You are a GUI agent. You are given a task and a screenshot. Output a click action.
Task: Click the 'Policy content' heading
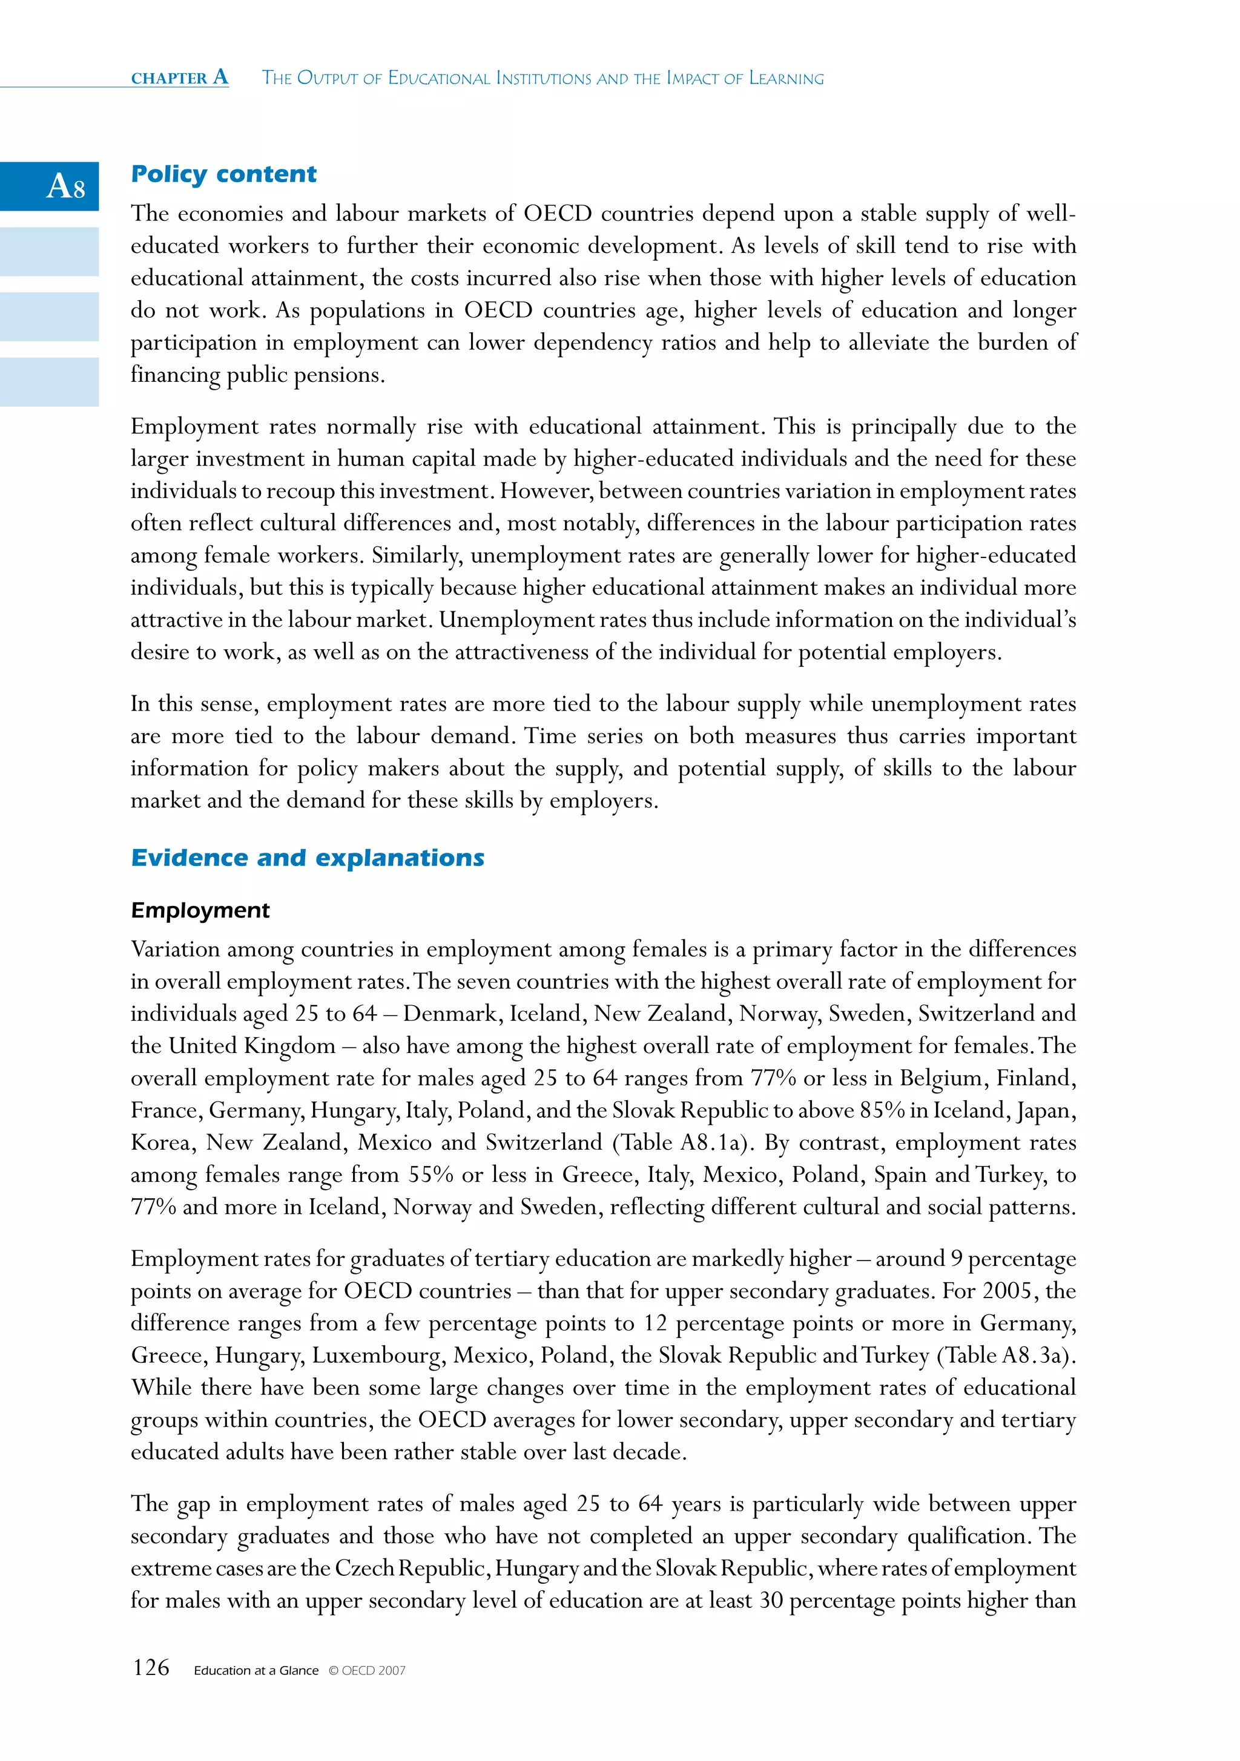click(223, 174)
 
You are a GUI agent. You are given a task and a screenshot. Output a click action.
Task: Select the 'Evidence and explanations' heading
click(307, 858)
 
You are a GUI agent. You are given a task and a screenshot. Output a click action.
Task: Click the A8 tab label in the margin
click(65, 186)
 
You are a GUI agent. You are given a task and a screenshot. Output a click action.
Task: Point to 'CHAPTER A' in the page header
click(180, 77)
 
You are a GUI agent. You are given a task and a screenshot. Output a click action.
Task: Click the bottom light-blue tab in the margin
click(49, 381)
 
